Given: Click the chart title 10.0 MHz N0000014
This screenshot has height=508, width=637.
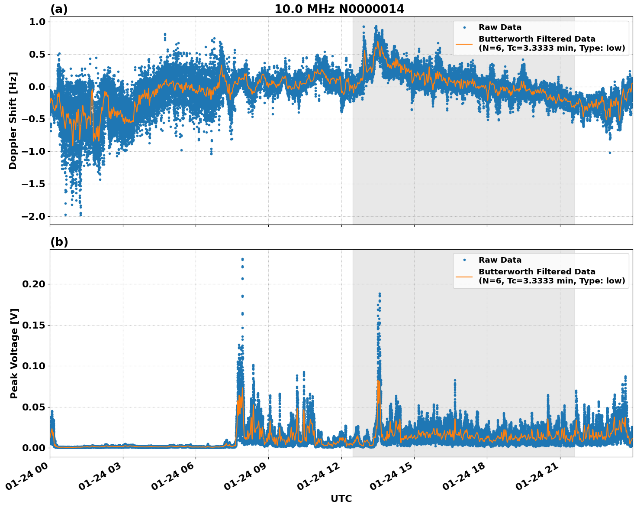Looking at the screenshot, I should tap(339, 9).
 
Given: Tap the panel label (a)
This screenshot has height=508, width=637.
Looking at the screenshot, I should tap(59, 9).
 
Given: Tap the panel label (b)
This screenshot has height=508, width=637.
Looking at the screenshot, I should tap(59, 242).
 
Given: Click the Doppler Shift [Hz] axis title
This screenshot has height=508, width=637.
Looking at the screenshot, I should tap(13, 120).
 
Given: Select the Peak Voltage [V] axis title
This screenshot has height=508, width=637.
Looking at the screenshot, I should tap(14, 353).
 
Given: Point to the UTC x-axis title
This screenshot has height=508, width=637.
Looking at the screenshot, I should tap(341, 498).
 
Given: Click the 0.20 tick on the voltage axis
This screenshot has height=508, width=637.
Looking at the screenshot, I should tap(34, 284).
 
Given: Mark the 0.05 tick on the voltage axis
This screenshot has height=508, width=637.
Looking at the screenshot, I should tap(34, 407).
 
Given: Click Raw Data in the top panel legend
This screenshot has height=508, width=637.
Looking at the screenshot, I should tap(500, 27).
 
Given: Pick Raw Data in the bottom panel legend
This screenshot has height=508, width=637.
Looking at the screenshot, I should tap(500, 260).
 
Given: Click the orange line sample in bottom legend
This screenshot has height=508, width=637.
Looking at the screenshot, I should tap(464, 276).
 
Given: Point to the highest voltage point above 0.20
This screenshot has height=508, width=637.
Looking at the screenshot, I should tap(242, 259).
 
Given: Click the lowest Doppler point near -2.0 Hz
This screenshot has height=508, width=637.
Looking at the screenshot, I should tap(80, 215).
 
